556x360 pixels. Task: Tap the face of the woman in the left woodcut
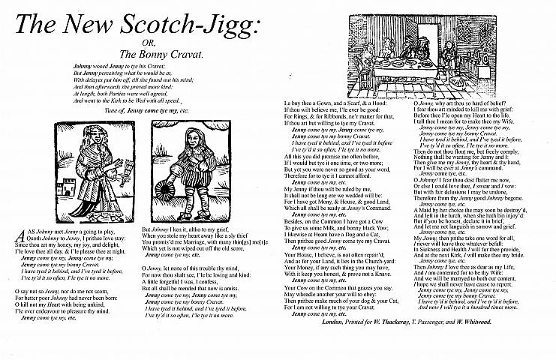(102, 140)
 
